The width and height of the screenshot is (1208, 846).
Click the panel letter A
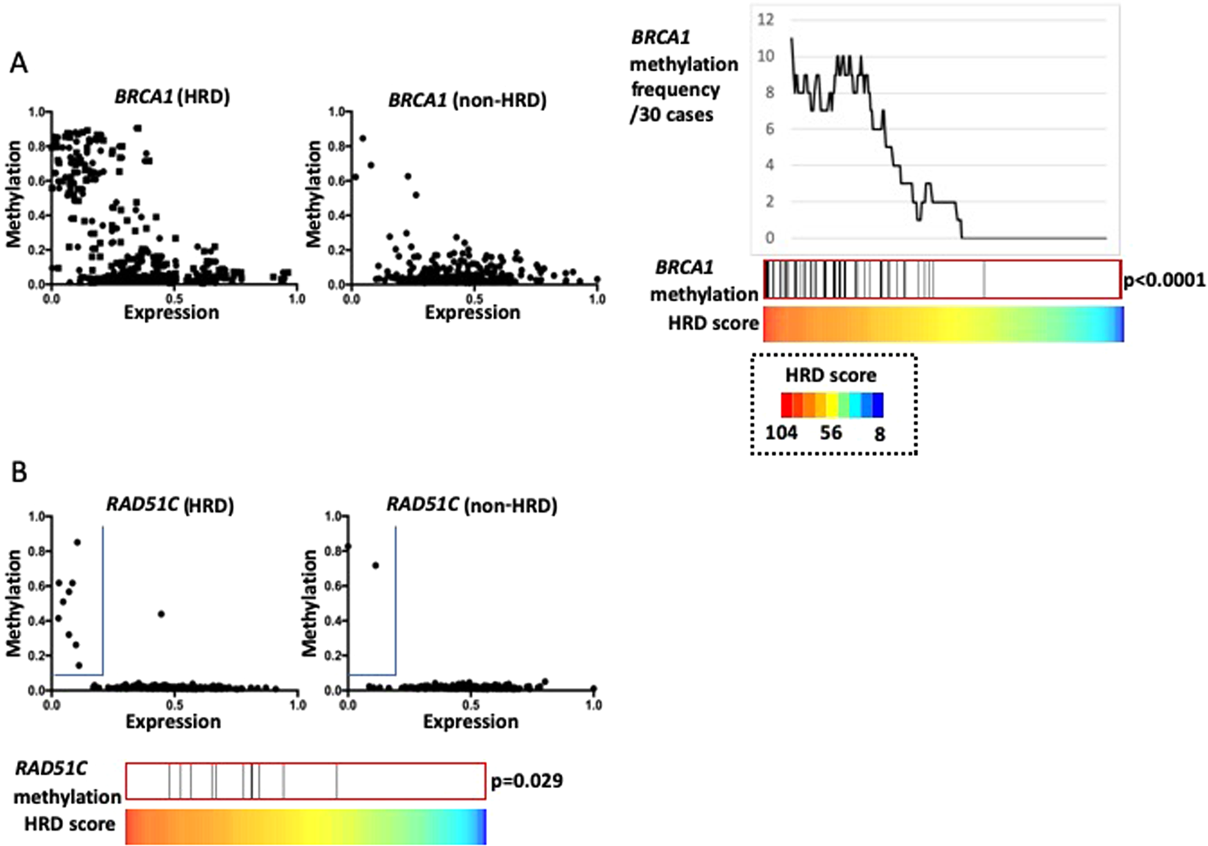[x=18, y=64]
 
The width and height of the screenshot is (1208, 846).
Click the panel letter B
[x=18, y=472]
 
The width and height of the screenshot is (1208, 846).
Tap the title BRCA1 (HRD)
[x=172, y=97]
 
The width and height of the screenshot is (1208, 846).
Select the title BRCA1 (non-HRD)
[x=467, y=100]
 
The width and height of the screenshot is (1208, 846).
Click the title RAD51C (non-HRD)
[x=471, y=505]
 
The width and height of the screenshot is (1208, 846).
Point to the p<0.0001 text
[x=1165, y=280]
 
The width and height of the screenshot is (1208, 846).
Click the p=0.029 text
[x=527, y=781]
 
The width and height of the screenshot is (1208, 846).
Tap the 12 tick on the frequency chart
[x=765, y=20]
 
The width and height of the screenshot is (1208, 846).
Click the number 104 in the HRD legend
[x=781, y=433]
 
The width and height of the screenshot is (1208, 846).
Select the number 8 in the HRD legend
[x=880, y=434]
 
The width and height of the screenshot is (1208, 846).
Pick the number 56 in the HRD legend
[x=831, y=433]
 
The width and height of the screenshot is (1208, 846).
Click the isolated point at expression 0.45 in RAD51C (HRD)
[x=162, y=614]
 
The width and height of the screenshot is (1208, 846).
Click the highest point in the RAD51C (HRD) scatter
[x=77, y=542]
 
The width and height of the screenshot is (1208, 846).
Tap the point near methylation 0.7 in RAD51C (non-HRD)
[x=375, y=565]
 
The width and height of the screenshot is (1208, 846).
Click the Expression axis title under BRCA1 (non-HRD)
[x=472, y=313]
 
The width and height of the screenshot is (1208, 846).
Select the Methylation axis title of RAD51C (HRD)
[x=14, y=602]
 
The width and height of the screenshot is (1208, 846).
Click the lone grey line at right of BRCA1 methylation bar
[x=984, y=280]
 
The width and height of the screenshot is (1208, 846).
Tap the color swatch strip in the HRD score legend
[x=832, y=405]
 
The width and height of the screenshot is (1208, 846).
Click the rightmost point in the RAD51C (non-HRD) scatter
[x=593, y=688]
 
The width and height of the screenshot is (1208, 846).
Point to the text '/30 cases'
[x=671, y=115]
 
